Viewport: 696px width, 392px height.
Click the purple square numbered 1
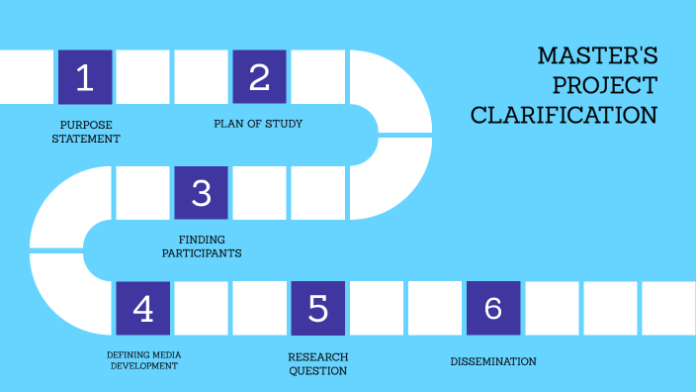click(x=85, y=77)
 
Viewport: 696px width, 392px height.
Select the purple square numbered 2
click(x=259, y=77)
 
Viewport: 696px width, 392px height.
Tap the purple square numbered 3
click(x=201, y=192)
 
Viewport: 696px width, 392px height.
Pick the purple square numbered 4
click(x=143, y=309)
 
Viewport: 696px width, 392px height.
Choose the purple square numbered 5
click(x=317, y=309)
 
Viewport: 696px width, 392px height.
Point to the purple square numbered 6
click(x=492, y=309)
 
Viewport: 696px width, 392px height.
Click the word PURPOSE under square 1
click(x=87, y=125)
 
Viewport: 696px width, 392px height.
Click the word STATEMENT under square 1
click(x=87, y=139)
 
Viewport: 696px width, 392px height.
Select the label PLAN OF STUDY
click(x=258, y=124)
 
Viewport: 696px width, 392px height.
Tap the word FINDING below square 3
click(x=202, y=240)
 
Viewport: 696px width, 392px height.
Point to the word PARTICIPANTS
click(x=202, y=253)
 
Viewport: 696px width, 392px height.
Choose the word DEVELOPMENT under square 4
click(x=143, y=366)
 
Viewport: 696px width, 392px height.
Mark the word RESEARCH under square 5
click(x=317, y=356)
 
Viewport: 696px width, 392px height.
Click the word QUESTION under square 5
click(x=317, y=371)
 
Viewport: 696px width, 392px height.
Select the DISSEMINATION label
click(x=492, y=361)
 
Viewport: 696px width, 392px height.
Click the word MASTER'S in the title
click(x=597, y=55)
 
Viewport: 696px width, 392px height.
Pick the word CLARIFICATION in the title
click(x=565, y=116)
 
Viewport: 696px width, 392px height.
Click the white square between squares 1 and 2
click(x=143, y=77)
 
